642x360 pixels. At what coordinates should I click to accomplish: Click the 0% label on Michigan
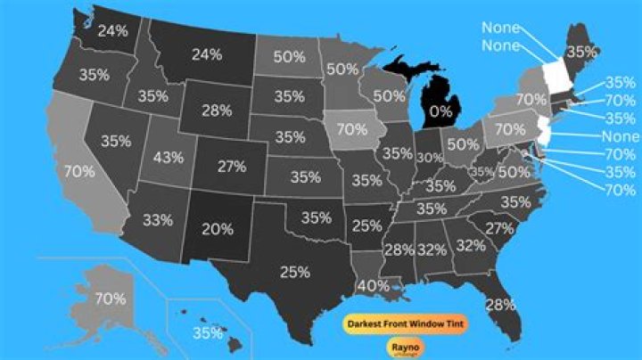click(x=440, y=112)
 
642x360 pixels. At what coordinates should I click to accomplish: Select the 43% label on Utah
click(x=169, y=157)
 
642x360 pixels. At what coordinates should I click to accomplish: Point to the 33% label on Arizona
click(x=157, y=219)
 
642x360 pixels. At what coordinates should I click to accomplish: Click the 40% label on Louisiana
click(x=372, y=285)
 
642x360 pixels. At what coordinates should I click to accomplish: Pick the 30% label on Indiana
click(x=430, y=157)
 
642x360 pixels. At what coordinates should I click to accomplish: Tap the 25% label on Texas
click(x=293, y=271)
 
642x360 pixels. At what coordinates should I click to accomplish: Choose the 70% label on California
click(x=80, y=170)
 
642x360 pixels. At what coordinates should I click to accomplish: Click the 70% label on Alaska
click(x=110, y=299)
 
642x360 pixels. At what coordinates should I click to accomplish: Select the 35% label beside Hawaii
click(x=208, y=333)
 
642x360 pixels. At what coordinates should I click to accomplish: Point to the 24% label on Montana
click(x=207, y=53)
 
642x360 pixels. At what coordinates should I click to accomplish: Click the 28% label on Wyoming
click(x=216, y=110)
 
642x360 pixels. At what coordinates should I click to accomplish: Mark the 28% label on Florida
click(x=501, y=304)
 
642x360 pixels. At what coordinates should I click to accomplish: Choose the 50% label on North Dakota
click(x=290, y=56)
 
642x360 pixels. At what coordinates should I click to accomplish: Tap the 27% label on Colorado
click(x=232, y=167)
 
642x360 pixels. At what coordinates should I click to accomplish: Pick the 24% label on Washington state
click(x=112, y=31)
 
